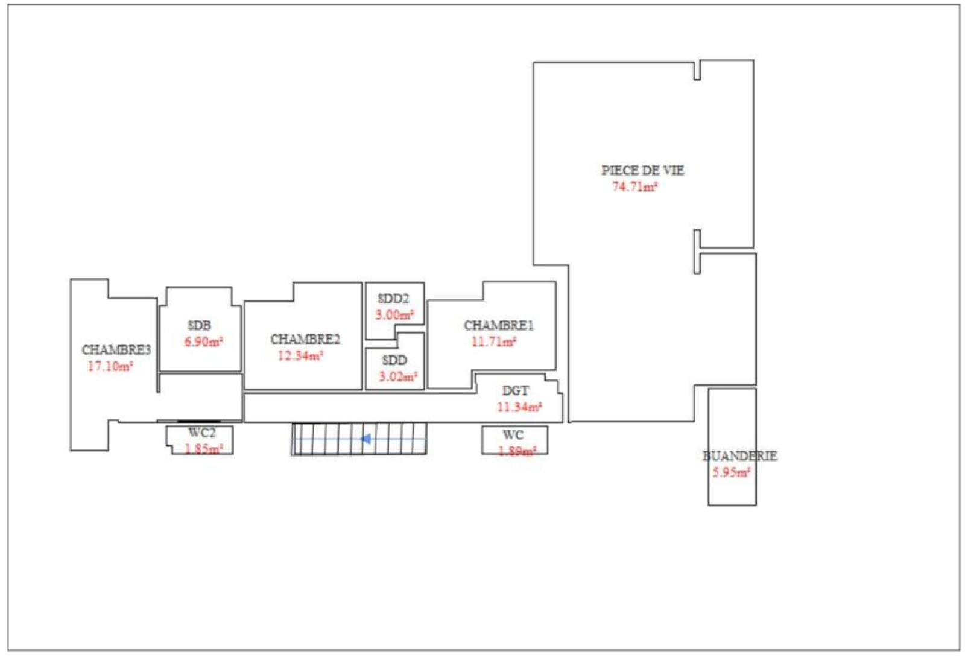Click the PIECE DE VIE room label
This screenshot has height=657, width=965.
642,171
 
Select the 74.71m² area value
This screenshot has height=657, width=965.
635,187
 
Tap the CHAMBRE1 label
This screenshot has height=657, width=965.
498,325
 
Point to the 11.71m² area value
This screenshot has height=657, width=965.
494,342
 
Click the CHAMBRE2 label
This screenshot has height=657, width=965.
305,340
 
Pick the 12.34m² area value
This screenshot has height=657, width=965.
300,357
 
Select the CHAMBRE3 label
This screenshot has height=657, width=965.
116,350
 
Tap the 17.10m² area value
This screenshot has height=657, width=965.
110,367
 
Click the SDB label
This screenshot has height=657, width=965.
200,325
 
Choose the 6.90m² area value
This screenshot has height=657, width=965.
203,342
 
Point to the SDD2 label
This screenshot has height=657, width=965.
393,299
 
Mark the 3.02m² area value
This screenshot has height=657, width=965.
398,377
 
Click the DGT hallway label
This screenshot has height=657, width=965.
515,391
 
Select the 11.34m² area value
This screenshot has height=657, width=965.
519,407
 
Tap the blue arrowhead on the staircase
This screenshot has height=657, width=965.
365,439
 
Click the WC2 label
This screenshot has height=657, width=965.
201,432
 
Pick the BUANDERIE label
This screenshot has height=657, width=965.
740,456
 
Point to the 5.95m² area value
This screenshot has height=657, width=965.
732,472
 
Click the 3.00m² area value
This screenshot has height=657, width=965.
394,315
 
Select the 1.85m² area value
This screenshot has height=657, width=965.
203,449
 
